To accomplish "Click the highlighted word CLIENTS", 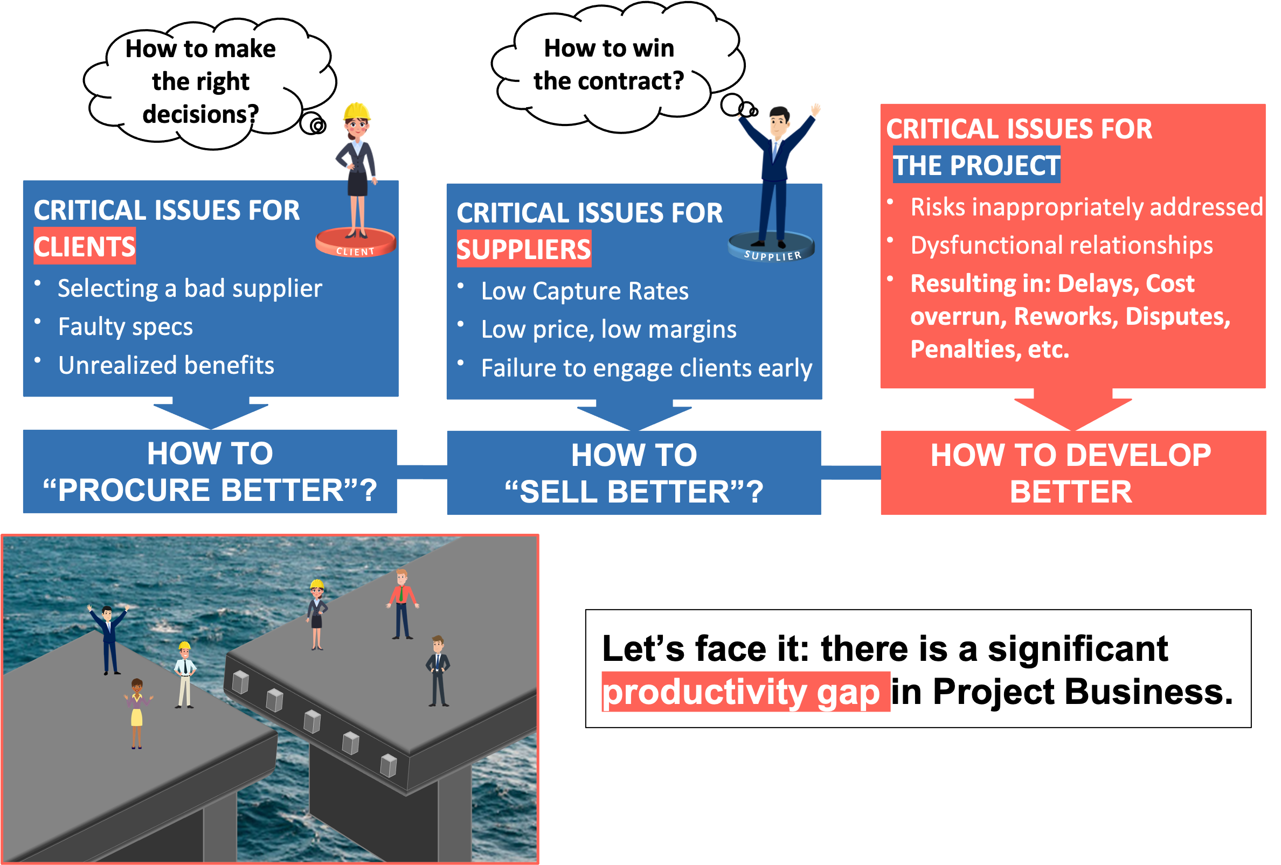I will (84, 246).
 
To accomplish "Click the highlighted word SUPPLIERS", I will (524, 249).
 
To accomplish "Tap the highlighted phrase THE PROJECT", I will (975, 165).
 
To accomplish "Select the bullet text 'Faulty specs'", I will (126, 327).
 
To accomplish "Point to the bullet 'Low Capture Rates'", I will (584, 291).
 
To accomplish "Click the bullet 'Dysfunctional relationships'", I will (1061, 246).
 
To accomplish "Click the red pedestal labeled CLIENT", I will (356, 242).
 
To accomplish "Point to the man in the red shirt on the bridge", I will (403, 604).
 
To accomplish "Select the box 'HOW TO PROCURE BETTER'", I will (210, 472).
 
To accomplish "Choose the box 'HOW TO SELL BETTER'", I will (634, 473).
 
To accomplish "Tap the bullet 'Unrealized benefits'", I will (166, 365).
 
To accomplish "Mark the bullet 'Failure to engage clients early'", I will (646, 368).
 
